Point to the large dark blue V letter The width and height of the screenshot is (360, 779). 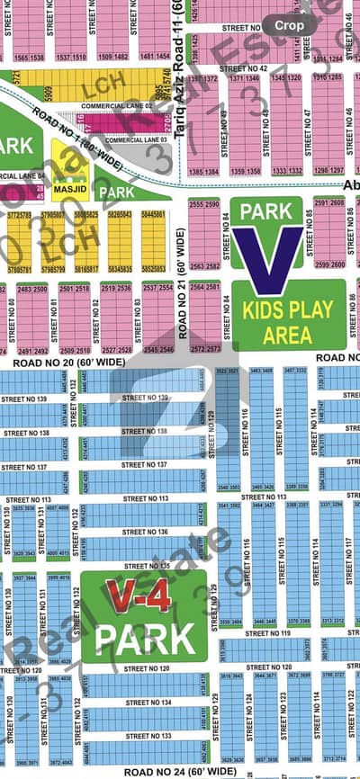[x=268, y=257]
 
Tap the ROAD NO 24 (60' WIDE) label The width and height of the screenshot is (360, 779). [x=180, y=771]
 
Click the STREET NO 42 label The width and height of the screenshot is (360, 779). [x=245, y=68]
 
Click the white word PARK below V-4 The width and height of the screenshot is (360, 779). [x=145, y=638]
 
